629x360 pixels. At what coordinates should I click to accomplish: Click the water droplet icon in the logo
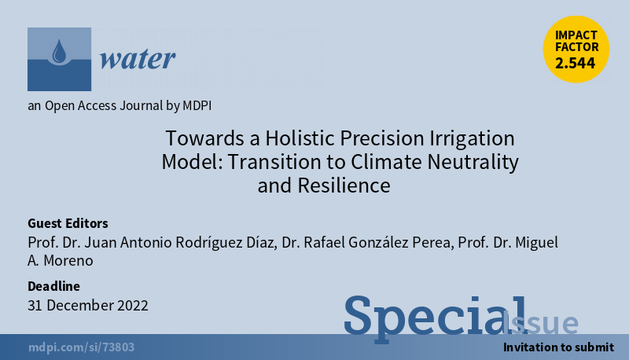pos(60,51)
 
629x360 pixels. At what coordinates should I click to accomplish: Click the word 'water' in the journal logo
pos(138,59)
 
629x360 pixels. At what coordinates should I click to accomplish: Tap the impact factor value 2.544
pos(576,63)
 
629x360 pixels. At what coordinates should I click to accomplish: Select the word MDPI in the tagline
pos(197,105)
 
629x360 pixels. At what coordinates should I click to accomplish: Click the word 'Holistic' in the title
pos(300,138)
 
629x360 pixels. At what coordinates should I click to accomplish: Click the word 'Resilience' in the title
pos(344,186)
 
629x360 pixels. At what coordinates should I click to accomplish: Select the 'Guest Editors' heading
pos(68,223)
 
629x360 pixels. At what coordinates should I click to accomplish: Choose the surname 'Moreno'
pos(68,261)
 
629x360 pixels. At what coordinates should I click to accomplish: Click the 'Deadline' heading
pos(53,286)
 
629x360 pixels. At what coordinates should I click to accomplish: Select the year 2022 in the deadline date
pos(132,306)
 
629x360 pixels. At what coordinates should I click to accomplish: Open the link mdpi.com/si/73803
pos(82,347)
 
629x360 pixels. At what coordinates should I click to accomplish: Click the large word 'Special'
pos(436,318)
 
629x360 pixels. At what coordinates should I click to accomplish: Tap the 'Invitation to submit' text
pos(558,347)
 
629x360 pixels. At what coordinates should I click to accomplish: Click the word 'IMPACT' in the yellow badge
pos(576,35)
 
